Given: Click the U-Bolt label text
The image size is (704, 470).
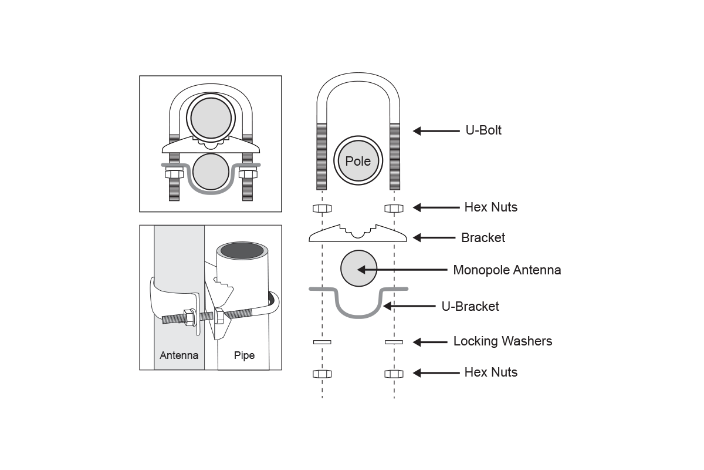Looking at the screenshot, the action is tap(483, 130).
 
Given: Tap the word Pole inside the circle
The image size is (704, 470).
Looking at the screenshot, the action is tap(358, 161).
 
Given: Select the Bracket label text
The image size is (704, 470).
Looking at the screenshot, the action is tap(483, 238).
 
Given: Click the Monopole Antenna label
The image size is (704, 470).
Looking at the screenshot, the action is tap(507, 270).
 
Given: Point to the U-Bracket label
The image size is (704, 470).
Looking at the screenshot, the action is tap(470, 306).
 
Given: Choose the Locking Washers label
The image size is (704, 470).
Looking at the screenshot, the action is tap(503, 341).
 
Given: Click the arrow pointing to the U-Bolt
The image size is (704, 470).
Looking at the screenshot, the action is tap(436, 131).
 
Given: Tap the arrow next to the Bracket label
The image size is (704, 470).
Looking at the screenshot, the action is tap(434, 238).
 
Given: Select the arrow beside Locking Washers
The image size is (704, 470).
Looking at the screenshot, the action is tap(430, 342).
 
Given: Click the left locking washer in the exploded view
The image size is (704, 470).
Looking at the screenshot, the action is tap(322, 342).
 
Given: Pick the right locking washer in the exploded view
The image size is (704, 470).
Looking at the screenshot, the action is tap(394, 342).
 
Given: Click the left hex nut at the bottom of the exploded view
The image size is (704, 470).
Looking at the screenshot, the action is tap(322, 374).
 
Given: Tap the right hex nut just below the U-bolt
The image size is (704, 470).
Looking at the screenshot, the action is tap(394, 209).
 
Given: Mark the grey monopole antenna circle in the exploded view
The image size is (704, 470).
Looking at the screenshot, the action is tap(358, 268).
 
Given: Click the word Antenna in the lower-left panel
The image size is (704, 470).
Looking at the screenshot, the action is tap(179, 355).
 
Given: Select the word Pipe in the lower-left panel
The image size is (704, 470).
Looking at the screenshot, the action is tap(244, 355).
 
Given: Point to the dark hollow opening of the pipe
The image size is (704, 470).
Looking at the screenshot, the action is tap(242, 251).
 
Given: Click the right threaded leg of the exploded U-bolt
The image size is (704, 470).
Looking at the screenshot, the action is tap(395, 156).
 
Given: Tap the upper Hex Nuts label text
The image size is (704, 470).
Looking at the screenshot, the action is tap(491, 207).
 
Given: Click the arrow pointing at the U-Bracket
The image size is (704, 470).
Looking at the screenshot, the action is tap(409, 306).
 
